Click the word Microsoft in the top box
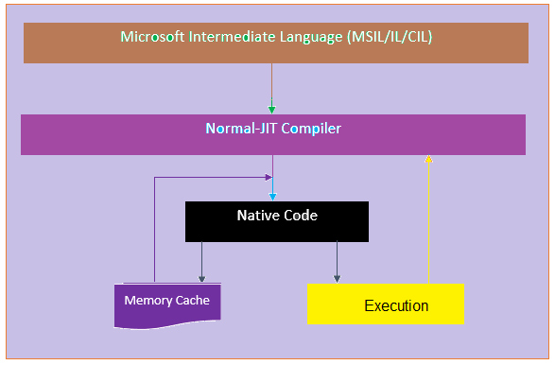pyautogui.click(x=153, y=37)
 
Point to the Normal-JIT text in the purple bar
pyautogui.click(x=238, y=128)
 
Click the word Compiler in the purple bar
pyautogui.click(x=308, y=128)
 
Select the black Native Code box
pyautogui.click(x=276, y=221)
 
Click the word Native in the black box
pyautogui.click(x=256, y=216)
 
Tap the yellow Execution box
pyautogui.click(x=386, y=304)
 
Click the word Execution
pyautogui.click(x=396, y=306)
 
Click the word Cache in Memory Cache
pyautogui.click(x=193, y=301)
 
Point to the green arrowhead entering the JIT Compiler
pyautogui.click(x=272, y=110)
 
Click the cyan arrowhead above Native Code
pyautogui.click(x=273, y=195)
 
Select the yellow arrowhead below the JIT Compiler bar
pyautogui.click(x=428, y=160)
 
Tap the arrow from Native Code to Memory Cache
pyautogui.click(x=201, y=260)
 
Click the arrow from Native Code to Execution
pyautogui.click(x=337, y=260)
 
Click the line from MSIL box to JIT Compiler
pyautogui.click(x=272, y=85)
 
